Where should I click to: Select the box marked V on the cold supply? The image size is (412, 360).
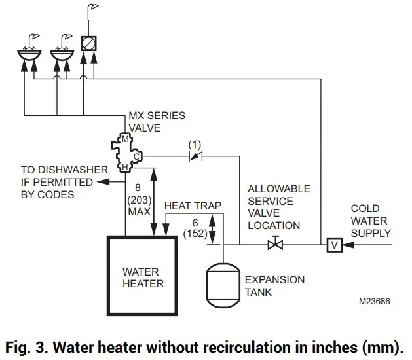(335, 245)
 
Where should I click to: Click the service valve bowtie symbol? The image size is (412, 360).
(274, 245)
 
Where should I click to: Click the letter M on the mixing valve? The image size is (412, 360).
(126, 140)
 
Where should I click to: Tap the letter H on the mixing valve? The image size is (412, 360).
(124, 169)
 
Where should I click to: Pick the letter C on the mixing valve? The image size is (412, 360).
(136, 156)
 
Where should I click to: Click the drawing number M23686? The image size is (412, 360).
(375, 303)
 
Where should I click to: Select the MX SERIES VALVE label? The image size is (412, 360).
(157, 122)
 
